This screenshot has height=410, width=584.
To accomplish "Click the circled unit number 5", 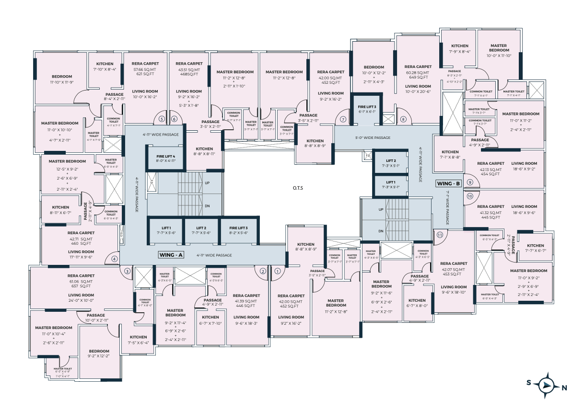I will click(162, 119).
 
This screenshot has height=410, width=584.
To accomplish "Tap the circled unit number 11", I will click(440, 235).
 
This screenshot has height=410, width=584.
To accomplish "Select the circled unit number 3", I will click(127, 271).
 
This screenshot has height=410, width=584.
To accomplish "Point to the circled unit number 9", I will click(470, 182).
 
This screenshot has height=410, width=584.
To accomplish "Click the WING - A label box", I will click(171, 255).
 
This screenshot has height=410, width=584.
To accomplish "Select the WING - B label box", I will click(448, 183).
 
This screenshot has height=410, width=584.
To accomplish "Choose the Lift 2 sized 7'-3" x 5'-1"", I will click(391, 163).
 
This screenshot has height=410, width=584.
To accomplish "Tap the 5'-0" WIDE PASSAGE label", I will click(373, 138).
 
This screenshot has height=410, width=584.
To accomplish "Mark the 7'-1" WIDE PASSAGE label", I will click(447, 208).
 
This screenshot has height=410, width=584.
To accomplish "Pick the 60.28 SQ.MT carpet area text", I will click(418, 73).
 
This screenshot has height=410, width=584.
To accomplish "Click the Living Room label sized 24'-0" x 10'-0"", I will click(81, 298).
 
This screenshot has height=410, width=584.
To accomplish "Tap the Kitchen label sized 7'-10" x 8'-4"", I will click(105, 67).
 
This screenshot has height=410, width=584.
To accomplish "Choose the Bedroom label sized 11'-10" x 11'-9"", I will click(62, 79).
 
